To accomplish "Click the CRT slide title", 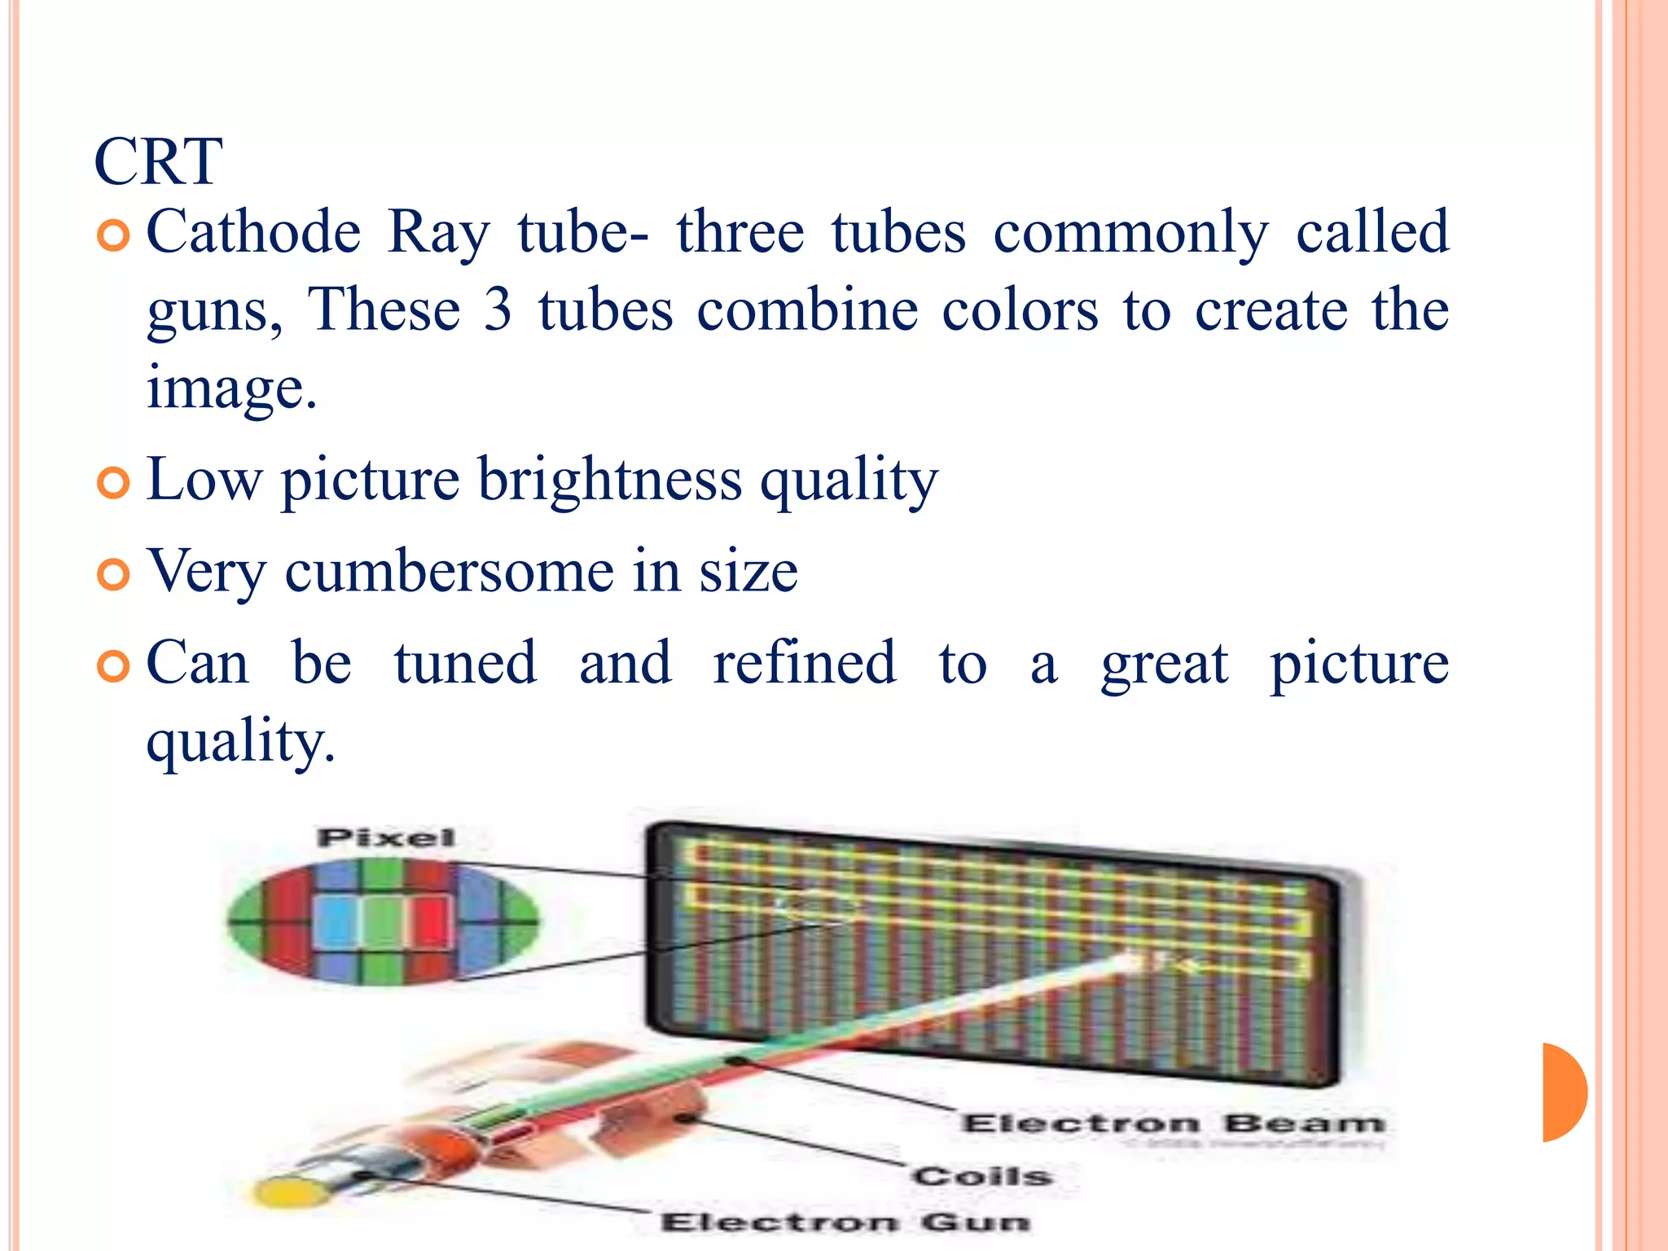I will click(158, 162).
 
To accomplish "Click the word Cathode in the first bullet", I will click(253, 232).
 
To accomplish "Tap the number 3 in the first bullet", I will click(497, 310).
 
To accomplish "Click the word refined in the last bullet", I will click(805, 663).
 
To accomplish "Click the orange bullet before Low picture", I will click(112, 482).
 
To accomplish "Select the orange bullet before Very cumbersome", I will click(112, 574).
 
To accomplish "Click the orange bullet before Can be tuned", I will click(112, 666).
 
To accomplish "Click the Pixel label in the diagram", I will click(386, 837).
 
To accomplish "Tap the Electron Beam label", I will click(1173, 1123).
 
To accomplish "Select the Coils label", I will click(982, 1175).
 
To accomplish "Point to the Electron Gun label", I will click(845, 1222).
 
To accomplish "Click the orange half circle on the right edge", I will click(1564, 1091).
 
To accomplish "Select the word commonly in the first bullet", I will click(1130, 232).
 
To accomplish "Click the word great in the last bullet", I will click(1164, 663).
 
